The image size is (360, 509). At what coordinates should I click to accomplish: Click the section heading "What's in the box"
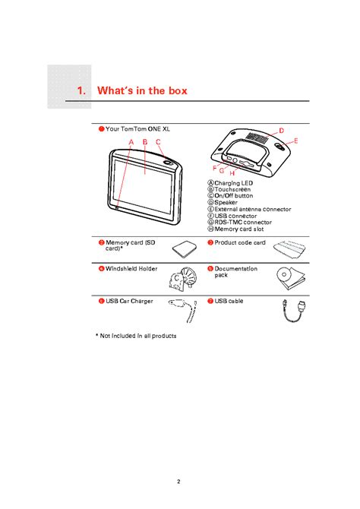(142, 90)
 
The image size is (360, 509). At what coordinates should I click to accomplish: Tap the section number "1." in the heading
(82, 90)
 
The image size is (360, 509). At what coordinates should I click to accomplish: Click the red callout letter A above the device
(131, 141)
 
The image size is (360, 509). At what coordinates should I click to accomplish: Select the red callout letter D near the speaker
(281, 131)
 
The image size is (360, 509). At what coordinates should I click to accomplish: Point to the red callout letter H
(232, 174)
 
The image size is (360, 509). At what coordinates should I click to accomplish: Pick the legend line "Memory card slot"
(238, 228)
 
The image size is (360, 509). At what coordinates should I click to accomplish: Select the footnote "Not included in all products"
(137, 335)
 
